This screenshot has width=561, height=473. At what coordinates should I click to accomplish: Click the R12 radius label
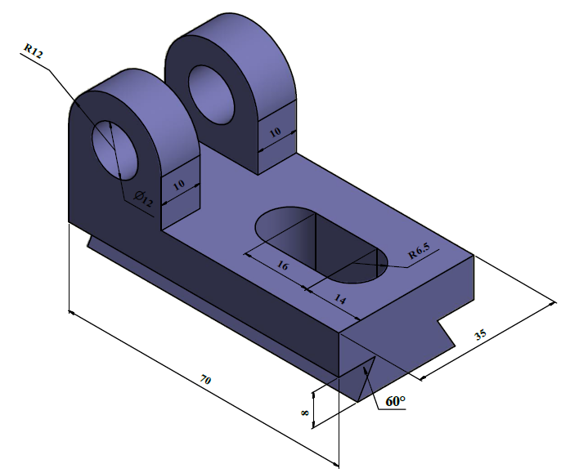click(x=33, y=51)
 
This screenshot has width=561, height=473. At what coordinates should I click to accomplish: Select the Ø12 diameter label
click(x=141, y=198)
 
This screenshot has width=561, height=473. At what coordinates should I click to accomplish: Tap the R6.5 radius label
click(x=424, y=254)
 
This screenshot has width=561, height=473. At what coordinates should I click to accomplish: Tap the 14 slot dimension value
click(x=340, y=300)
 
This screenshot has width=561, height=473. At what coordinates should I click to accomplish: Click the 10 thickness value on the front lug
click(x=179, y=185)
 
